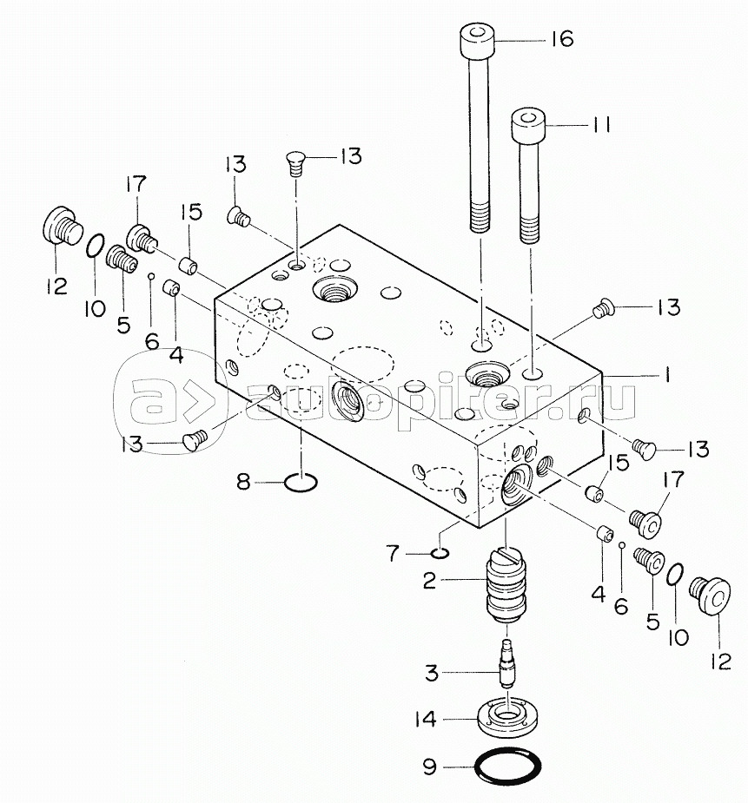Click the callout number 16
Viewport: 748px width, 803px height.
click(563, 39)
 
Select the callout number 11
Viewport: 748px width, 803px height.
click(601, 124)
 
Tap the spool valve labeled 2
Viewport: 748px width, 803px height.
click(506, 585)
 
